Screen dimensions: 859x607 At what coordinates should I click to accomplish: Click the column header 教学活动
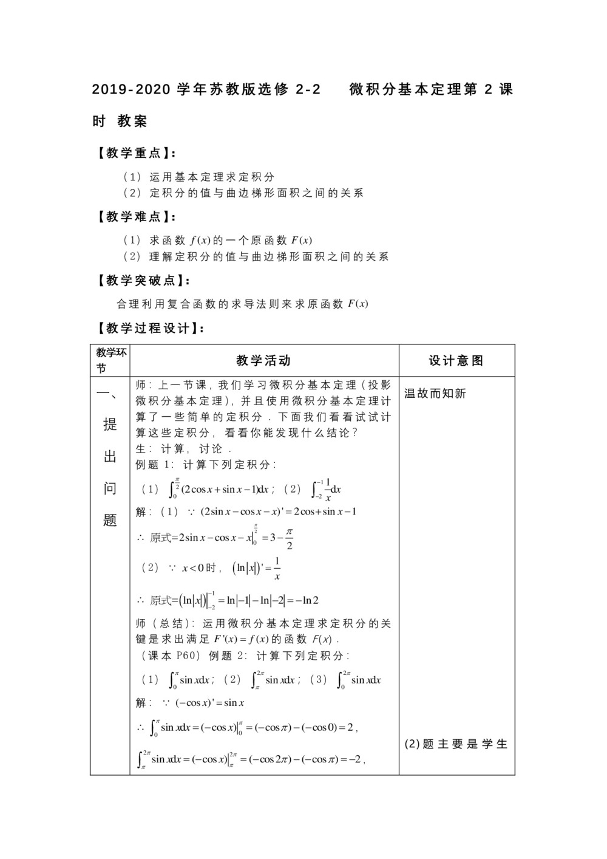(x=263, y=361)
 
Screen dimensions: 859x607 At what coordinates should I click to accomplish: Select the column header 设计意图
(x=456, y=361)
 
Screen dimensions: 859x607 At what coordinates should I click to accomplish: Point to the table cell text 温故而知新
(x=435, y=394)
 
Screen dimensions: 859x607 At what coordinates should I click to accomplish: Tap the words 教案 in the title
(x=133, y=121)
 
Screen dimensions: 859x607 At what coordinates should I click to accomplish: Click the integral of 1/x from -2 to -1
(x=326, y=489)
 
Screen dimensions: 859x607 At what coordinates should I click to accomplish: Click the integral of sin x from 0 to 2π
(x=359, y=680)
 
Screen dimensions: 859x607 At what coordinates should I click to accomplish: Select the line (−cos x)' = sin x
(x=209, y=703)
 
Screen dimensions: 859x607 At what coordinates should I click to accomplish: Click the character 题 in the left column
(x=110, y=520)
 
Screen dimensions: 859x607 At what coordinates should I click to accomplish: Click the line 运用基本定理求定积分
(x=212, y=177)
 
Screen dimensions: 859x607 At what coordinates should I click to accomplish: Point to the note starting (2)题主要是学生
(x=456, y=744)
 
